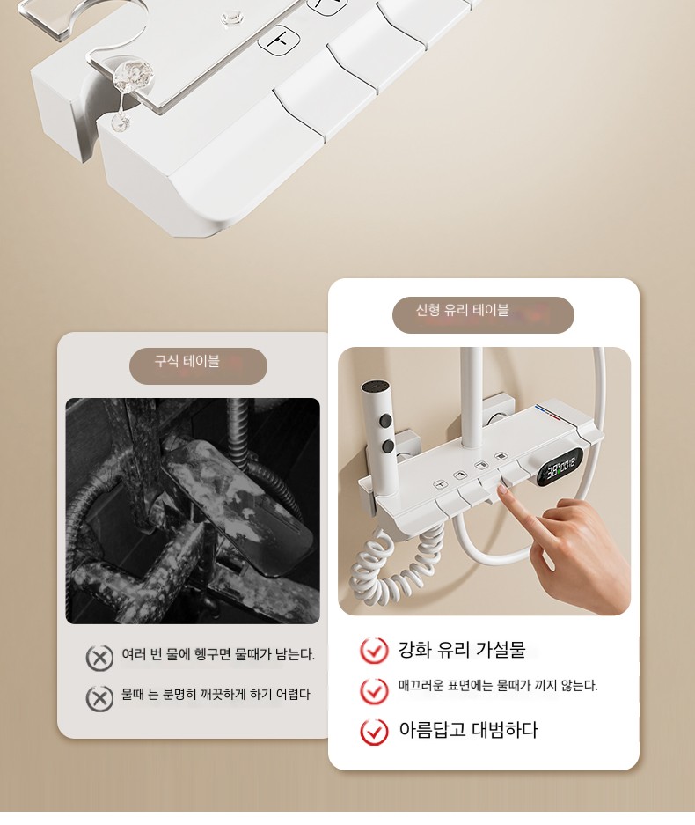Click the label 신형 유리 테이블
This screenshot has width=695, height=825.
click(462, 310)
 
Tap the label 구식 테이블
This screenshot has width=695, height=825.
click(187, 362)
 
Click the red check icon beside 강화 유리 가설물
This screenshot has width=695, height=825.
click(374, 651)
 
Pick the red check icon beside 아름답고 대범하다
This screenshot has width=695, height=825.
click(374, 732)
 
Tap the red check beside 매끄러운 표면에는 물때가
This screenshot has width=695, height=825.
click(374, 690)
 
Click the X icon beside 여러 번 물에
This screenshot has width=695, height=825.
click(99, 657)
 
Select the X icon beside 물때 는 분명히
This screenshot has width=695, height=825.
click(99, 698)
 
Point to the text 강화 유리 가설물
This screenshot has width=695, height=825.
click(462, 649)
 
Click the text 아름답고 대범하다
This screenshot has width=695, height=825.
click(468, 730)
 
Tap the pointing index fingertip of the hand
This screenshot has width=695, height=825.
click(502, 490)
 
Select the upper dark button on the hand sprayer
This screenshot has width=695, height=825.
click(387, 420)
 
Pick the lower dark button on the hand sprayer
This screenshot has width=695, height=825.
click(389, 446)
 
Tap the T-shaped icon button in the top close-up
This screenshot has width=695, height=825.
click(278, 39)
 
